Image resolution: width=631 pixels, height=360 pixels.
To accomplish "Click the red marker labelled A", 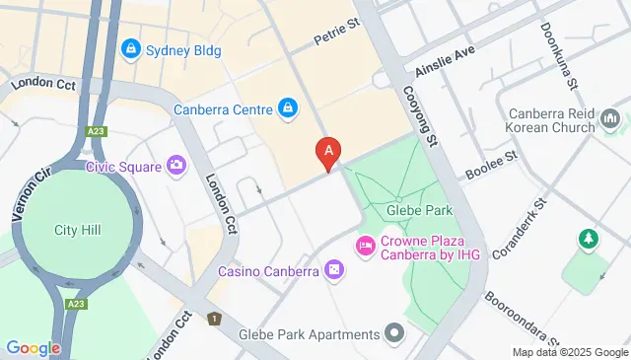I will click(x=327, y=152).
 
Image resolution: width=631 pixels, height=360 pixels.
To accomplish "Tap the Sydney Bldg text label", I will click(x=183, y=49).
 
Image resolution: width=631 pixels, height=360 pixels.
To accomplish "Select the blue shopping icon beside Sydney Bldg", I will click(x=130, y=48).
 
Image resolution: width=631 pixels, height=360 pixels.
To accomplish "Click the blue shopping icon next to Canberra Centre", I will click(x=287, y=107).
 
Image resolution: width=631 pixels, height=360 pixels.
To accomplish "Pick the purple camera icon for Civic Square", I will click(x=176, y=165).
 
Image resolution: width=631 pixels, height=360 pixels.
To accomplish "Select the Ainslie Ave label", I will click(x=446, y=55).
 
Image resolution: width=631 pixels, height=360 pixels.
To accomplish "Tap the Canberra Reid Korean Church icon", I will click(x=610, y=120).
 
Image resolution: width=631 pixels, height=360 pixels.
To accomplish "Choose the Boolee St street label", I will click(x=491, y=165).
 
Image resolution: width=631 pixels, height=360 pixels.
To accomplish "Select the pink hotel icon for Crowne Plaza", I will click(x=365, y=244).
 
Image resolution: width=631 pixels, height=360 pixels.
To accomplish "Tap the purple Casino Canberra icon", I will click(x=334, y=269).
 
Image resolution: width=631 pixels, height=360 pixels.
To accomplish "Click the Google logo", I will click(x=33, y=347).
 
